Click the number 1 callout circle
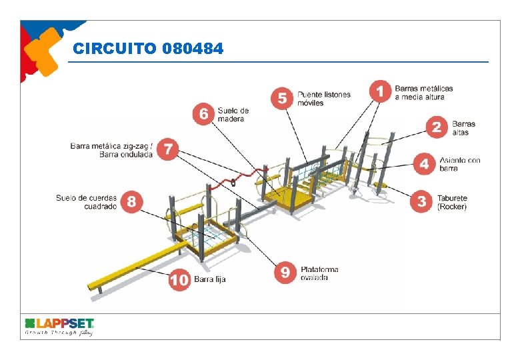[381, 91]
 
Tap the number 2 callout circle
[437, 127]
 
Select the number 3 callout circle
[421, 201]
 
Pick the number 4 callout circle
[424, 164]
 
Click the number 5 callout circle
[282, 98]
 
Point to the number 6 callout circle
[203, 113]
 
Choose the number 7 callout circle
[169, 149]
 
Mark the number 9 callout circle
[285, 272]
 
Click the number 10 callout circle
[179, 280]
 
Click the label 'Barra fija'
[210, 279]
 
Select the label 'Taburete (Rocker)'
[452, 202]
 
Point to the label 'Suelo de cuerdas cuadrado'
[86, 202]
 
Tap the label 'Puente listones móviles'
[324, 99]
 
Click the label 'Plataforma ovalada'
[319, 273]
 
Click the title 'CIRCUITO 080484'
[148, 49]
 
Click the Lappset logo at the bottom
[59, 325]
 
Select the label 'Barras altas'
[463, 128]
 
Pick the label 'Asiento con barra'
[459, 164]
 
